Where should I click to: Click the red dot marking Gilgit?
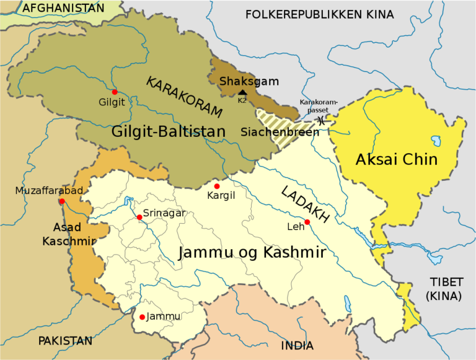115,92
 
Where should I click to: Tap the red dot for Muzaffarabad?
61,201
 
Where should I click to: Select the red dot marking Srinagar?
139,217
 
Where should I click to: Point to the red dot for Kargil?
216,187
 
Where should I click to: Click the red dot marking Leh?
307,222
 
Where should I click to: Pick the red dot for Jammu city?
143,317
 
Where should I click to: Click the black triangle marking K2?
242,92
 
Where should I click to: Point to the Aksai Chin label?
397,160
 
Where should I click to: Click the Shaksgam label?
249,81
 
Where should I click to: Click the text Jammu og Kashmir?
252,253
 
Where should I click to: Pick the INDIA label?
297,346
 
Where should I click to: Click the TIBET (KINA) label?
443,289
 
